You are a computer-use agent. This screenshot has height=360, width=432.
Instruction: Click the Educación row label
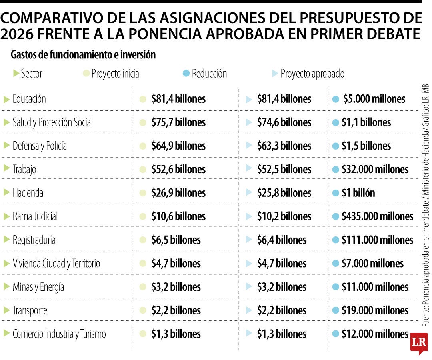29,99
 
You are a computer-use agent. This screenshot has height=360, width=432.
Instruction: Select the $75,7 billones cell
178,122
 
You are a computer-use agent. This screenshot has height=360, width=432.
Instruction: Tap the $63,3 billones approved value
284,146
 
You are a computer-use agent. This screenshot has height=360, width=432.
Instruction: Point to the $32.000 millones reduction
374,170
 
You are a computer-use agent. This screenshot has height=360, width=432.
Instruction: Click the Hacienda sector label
28,193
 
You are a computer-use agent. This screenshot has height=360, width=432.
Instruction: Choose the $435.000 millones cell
377,216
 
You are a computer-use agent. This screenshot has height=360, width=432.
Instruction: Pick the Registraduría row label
34,240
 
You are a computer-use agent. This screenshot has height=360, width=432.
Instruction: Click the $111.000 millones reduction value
377,240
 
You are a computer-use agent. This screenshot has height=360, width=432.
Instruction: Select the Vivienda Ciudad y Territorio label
56,264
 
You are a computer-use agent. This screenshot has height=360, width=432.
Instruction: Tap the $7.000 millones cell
372,264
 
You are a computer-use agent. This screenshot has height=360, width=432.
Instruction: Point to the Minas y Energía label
38,287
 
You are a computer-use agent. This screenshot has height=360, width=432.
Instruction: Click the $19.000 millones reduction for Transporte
374,310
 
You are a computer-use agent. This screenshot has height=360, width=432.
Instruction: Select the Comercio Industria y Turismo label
59,334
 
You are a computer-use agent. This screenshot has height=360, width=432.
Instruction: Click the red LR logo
419,342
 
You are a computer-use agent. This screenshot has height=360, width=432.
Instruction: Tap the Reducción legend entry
209,74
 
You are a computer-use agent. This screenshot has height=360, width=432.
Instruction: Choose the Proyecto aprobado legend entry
312,74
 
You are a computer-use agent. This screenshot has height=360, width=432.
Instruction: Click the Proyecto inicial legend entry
116,74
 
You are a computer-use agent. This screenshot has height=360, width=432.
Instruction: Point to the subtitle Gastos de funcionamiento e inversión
83,55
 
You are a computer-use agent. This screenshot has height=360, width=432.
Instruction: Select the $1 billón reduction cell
358,193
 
